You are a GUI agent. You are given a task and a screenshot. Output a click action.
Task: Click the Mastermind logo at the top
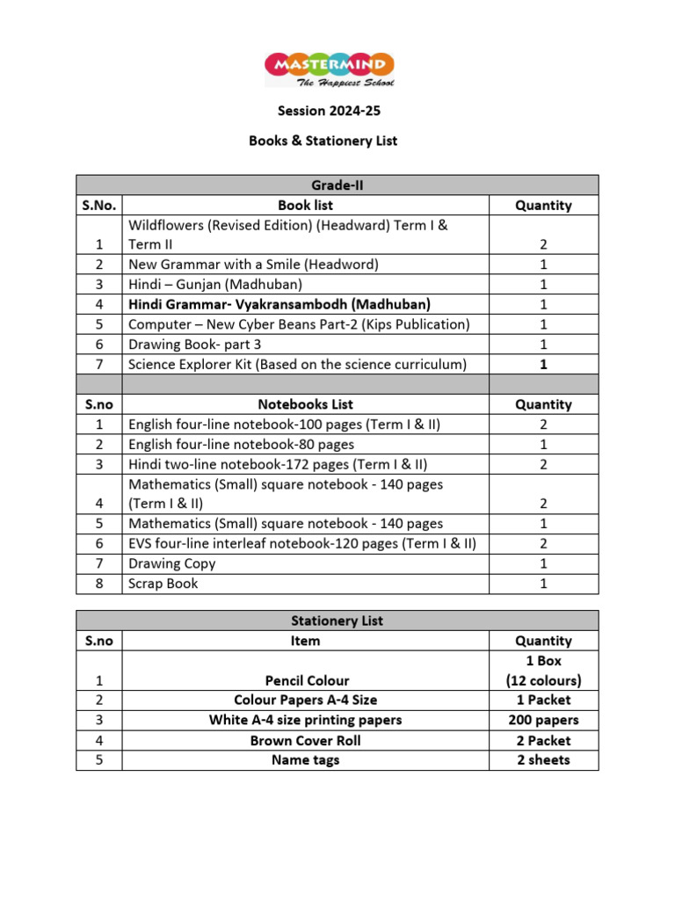330,69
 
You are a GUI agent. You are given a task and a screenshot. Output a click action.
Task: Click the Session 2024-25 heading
330,112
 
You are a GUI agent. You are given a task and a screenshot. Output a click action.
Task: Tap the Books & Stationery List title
323,141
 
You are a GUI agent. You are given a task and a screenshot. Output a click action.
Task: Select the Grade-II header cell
337,185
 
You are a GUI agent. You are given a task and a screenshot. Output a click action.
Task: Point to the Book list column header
305,205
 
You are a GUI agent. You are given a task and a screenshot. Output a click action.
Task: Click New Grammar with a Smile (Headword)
253,265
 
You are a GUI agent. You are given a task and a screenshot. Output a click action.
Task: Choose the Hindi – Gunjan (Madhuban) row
215,284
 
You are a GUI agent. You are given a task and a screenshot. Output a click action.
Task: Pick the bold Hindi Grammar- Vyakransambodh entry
279,304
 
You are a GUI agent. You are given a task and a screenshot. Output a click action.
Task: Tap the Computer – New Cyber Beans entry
299,324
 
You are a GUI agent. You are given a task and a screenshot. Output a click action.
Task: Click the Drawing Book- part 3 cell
194,344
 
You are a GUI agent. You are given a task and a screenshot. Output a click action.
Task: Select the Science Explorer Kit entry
297,364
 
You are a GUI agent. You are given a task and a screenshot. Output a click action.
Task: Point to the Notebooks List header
305,404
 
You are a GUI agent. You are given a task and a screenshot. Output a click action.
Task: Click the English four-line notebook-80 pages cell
241,445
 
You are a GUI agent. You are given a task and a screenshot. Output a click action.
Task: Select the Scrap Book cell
163,584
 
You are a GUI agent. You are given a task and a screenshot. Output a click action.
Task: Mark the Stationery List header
337,621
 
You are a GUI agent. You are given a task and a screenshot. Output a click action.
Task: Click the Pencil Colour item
307,680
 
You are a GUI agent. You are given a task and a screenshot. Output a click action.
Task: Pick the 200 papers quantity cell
543,720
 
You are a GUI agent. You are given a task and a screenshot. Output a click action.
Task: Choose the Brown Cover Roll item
305,740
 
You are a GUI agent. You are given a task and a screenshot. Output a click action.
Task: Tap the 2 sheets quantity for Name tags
543,759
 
